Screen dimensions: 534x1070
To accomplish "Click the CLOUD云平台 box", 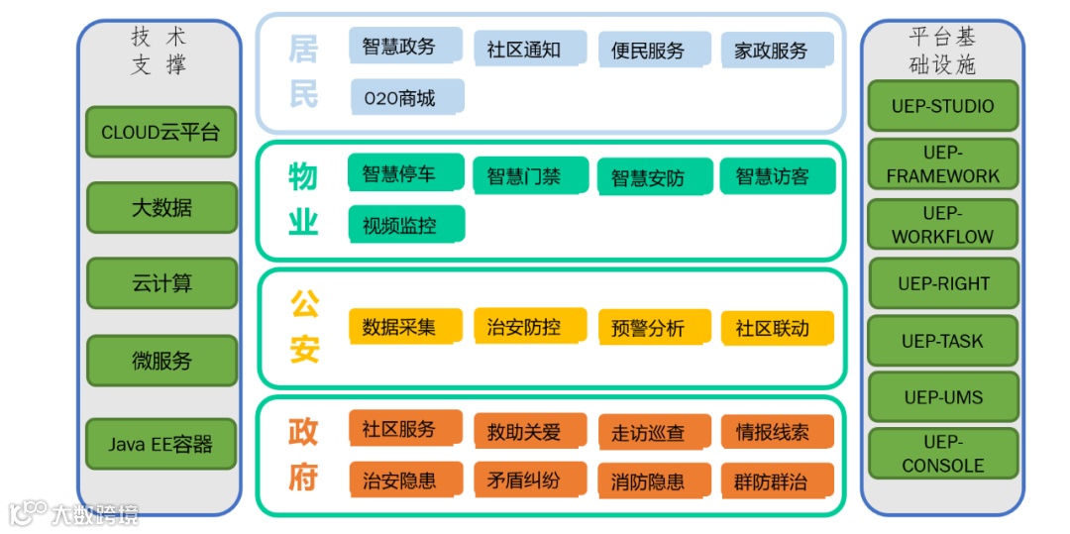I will [x=161, y=133].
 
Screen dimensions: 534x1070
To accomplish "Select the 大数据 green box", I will [x=161, y=208].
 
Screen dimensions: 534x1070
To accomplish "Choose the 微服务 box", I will [x=161, y=361].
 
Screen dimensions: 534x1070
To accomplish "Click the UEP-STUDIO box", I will [x=942, y=106].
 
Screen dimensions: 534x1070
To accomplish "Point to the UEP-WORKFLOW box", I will [x=942, y=225].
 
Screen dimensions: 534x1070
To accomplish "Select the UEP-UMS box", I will [x=942, y=397].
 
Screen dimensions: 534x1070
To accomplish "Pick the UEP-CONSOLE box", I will [x=942, y=454].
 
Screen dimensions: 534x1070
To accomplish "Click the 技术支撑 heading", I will [x=160, y=51].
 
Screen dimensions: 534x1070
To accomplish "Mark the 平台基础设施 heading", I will [x=942, y=51].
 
